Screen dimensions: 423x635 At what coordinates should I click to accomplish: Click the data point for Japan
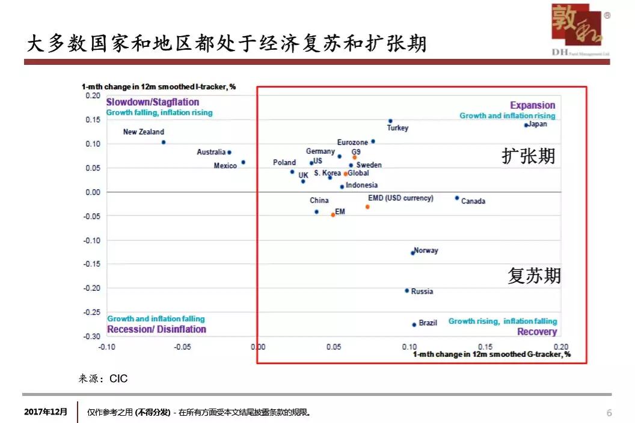point(526,125)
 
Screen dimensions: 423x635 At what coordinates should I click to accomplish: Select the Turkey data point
point(390,121)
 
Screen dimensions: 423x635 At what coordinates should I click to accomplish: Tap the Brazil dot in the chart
point(414,324)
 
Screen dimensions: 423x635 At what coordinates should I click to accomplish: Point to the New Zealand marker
point(164,142)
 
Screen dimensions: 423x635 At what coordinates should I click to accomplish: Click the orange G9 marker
point(355,157)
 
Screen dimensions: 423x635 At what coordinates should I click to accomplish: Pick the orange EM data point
point(333,215)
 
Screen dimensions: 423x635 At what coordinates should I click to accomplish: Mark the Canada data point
point(457,198)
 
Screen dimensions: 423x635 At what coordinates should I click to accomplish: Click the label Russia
point(422,291)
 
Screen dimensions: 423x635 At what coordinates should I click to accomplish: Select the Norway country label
point(426,251)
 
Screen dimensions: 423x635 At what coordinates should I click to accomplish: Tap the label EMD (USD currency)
point(400,198)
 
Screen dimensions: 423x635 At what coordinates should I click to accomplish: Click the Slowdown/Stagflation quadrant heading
point(153,102)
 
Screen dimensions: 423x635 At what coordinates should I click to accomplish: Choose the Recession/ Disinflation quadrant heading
point(156,329)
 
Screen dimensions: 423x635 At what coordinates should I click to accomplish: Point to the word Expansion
point(533,105)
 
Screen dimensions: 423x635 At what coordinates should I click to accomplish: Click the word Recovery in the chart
point(537,332)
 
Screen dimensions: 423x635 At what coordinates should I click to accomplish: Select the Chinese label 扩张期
point(529,156)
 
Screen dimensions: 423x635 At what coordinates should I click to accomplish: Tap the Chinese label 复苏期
point(534,276)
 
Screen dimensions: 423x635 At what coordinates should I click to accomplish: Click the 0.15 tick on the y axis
point(92,120)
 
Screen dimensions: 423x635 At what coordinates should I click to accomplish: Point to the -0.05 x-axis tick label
point(182,347)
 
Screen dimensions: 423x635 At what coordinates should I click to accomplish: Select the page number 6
point(609,413)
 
